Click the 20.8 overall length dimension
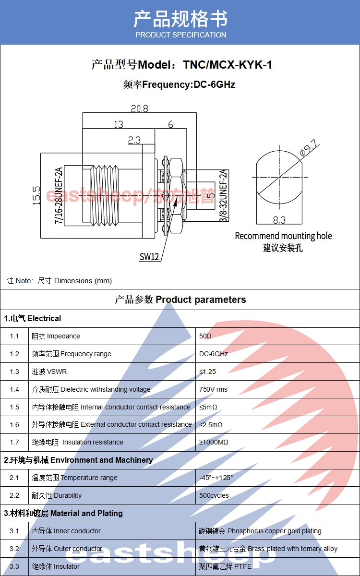[140, 108]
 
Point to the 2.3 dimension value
[134, 140]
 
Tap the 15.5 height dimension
[37, 195]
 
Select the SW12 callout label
[149, 257]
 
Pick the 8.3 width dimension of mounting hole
[279, 220]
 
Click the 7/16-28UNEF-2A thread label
[59, 195]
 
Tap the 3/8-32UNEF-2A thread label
[224, 195]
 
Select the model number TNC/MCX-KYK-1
[228, 65]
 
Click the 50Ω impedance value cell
[205, 336]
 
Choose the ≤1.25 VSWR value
[207, 372]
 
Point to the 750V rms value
[213, 389]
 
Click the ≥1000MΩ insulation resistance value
[214, 442]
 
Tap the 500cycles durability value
[214, 495]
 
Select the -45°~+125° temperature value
[216, 478]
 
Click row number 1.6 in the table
[14, 424]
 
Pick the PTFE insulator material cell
[225, 566]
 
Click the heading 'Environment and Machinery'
[102, 460]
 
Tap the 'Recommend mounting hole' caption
[283, 236]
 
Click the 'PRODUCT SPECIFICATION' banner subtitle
[181, 35]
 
